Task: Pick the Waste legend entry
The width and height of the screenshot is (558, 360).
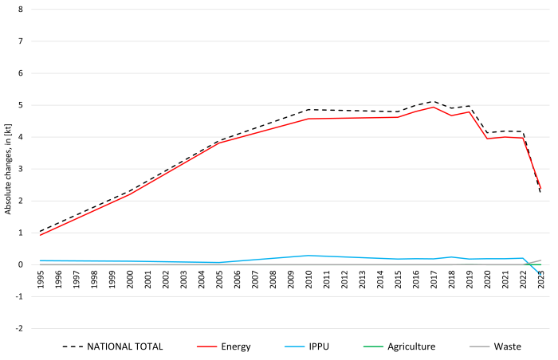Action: pos(506,346)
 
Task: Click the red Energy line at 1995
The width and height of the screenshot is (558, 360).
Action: pos(41,235)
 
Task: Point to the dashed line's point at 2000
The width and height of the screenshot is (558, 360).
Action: pos(130,191)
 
